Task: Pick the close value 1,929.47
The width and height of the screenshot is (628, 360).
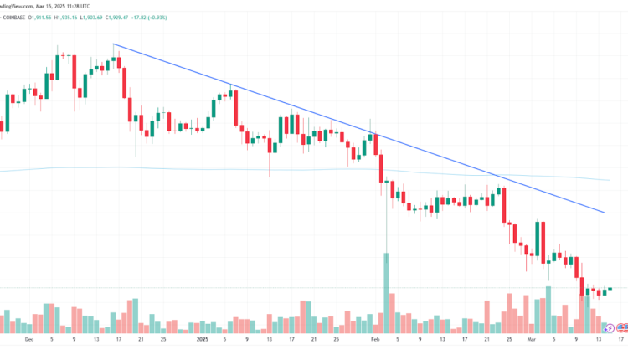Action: click(192, 17)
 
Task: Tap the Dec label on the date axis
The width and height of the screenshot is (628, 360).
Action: click(30, 340)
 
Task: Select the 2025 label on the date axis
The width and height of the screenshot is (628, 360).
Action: click(202, 340)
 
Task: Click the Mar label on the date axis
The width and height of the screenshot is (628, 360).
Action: click(531, 340)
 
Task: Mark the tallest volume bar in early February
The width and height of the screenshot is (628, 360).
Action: click(387, 293)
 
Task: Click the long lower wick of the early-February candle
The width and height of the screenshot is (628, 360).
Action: click(386, 226)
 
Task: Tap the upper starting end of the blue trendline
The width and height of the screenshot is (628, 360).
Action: click(113, 44)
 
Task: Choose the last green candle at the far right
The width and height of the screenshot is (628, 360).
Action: click(610, 289)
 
